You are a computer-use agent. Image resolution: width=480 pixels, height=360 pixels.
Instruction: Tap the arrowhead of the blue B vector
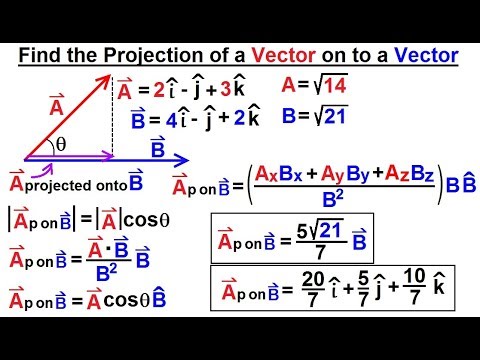(184, 157)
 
